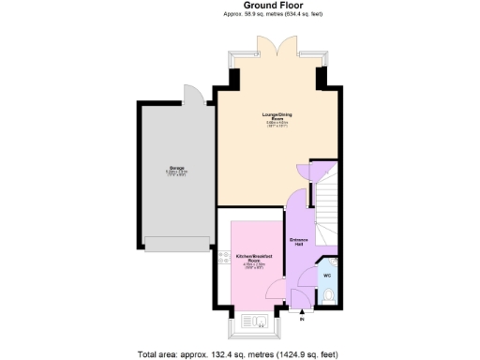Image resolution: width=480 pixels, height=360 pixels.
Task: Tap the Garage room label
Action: point(176,171)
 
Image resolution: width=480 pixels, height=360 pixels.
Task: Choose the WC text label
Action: point(327,276)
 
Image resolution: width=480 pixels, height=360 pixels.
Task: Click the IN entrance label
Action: point(302,321)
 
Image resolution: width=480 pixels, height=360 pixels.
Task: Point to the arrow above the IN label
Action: point(302,313)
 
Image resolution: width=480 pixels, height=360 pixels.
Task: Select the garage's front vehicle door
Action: point(177,244)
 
